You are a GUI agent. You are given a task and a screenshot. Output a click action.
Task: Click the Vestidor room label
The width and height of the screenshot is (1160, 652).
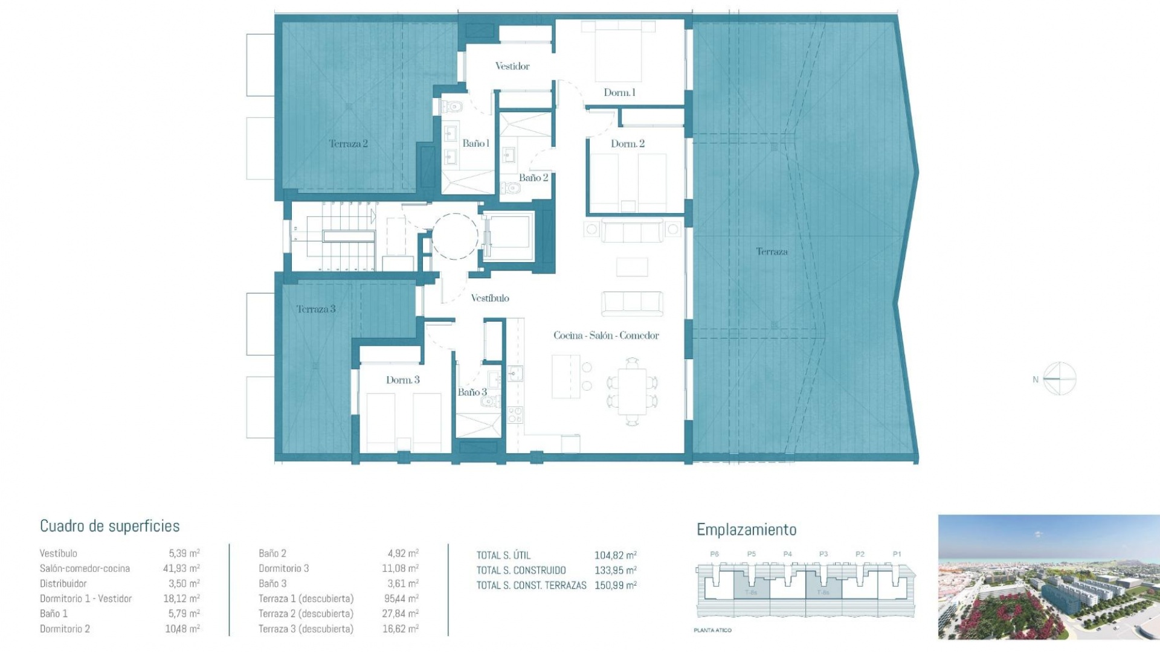click(512, 66)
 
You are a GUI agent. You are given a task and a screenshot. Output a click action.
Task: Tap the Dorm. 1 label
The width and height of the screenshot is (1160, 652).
click(619, 92)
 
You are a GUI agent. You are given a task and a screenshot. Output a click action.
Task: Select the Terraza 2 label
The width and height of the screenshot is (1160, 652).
click(348, 144)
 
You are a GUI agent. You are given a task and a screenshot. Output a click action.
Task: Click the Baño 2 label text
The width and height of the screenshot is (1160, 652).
click(533, 177)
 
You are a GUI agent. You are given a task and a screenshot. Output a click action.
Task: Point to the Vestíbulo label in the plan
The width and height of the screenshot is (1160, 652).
click(489, 298)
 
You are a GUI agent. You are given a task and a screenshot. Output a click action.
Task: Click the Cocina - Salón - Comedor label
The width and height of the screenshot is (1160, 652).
click(606, 336)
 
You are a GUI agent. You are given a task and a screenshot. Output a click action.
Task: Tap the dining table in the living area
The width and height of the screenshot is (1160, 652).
click(632, 391)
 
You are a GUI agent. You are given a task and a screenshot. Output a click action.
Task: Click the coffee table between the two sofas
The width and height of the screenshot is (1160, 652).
click(632, 267)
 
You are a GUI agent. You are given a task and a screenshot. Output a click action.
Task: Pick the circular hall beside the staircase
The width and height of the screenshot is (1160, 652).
click(455, 236)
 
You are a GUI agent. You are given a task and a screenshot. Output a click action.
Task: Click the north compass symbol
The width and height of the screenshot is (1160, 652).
click(1060, 379)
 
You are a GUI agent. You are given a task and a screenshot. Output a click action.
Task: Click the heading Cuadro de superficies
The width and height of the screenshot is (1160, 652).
click(109, 526)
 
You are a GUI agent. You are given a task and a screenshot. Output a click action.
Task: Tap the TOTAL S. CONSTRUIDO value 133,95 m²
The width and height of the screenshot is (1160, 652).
click(615, 570)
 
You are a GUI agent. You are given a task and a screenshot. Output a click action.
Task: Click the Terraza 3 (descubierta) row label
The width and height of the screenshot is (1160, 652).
click(306, 629)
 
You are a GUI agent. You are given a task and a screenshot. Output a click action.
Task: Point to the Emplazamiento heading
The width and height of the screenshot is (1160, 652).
click(746, 529)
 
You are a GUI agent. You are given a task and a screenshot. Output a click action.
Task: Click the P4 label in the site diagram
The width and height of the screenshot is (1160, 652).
click(787, 554)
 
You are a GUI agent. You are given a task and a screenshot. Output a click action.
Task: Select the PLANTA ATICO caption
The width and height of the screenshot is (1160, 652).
click(712, 630)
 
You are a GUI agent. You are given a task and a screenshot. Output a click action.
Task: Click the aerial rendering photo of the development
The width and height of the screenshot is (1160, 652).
click(1048, 577)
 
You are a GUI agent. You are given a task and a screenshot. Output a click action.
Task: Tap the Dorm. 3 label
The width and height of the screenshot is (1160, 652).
click(402, 380)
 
